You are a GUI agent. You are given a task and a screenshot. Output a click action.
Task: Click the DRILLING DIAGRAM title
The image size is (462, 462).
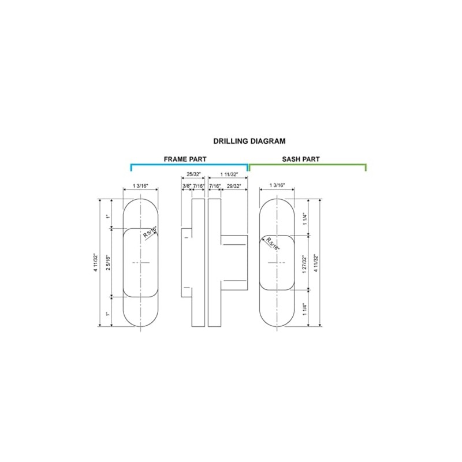tap(249, 140)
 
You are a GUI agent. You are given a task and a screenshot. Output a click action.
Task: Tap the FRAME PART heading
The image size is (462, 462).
tap(185, 158)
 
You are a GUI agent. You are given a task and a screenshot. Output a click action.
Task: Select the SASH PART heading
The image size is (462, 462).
tap(301, 158)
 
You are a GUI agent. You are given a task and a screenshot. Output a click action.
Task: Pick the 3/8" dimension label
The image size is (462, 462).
tap(187, 186)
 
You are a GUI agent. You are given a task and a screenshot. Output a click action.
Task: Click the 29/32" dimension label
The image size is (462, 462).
tap(234, 186)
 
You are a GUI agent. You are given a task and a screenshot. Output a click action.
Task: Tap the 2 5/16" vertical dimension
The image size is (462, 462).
tap(108, 263)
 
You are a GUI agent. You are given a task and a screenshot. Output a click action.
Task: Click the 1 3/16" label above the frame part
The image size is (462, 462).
tap(140, 185)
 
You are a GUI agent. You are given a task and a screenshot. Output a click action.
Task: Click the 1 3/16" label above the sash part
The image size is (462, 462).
tap(279, 185)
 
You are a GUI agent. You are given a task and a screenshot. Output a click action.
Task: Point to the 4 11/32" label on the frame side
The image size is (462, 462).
tap(96, 263)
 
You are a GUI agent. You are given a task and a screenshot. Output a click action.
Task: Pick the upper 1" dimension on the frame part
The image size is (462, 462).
tap(108, 217)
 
